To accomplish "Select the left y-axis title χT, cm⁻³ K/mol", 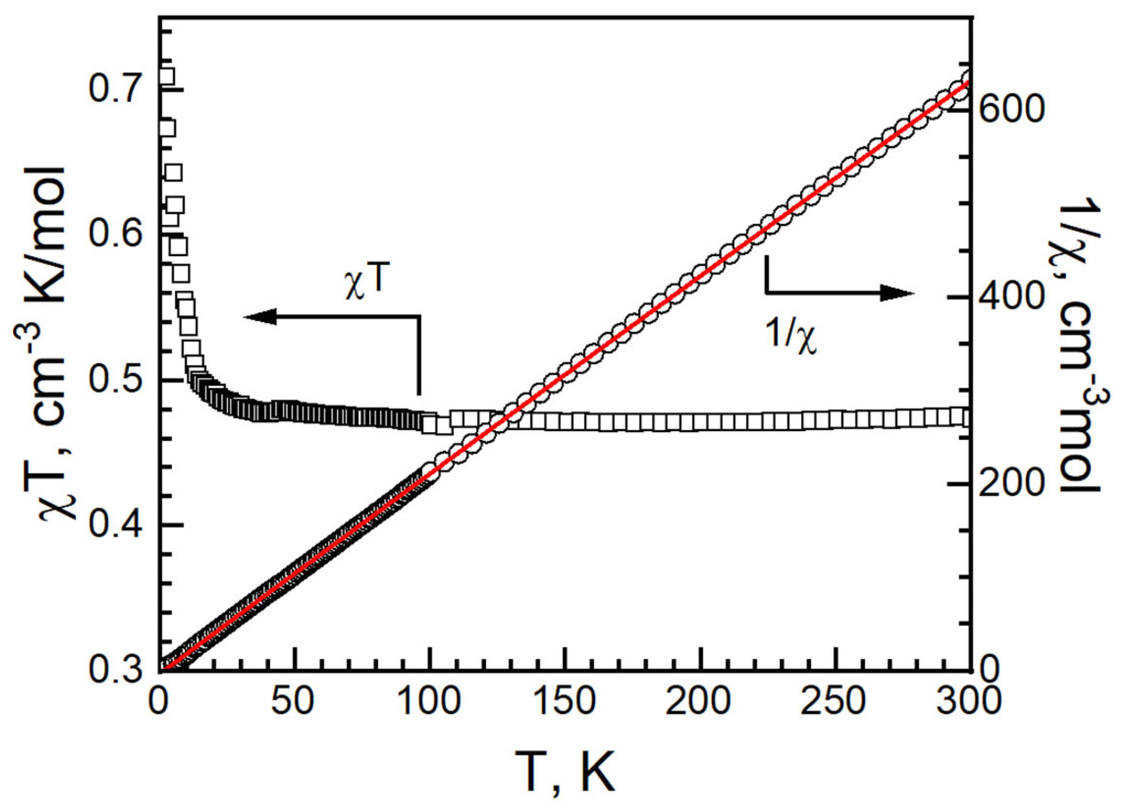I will tap(47, 344).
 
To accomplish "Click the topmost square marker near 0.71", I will tap(166, 76).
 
